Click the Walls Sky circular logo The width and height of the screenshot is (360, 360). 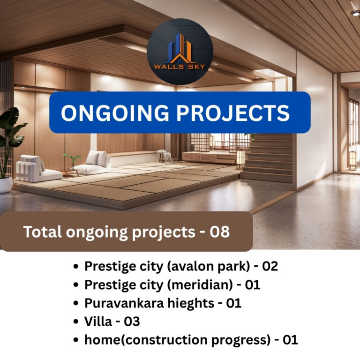(180, 52)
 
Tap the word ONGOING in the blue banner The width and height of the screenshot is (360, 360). (115, 112)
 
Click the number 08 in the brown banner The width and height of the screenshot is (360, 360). (219, 232)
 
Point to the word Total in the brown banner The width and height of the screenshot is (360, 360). (43, 232)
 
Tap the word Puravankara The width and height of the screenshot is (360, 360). (124, 303)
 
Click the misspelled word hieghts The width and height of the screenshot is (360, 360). (191, 304)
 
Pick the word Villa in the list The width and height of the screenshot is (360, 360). (98, 321)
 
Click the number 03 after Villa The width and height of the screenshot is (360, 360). (132, 322)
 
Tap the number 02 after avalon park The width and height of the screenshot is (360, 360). (270, 266)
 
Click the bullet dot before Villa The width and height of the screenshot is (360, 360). (76, 322)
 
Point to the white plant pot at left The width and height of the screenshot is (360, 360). (6, 185)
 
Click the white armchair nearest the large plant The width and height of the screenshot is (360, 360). (38, 168)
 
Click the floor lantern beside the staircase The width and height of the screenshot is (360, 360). (240, 159)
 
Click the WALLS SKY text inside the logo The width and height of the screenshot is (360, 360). (180, 67)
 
